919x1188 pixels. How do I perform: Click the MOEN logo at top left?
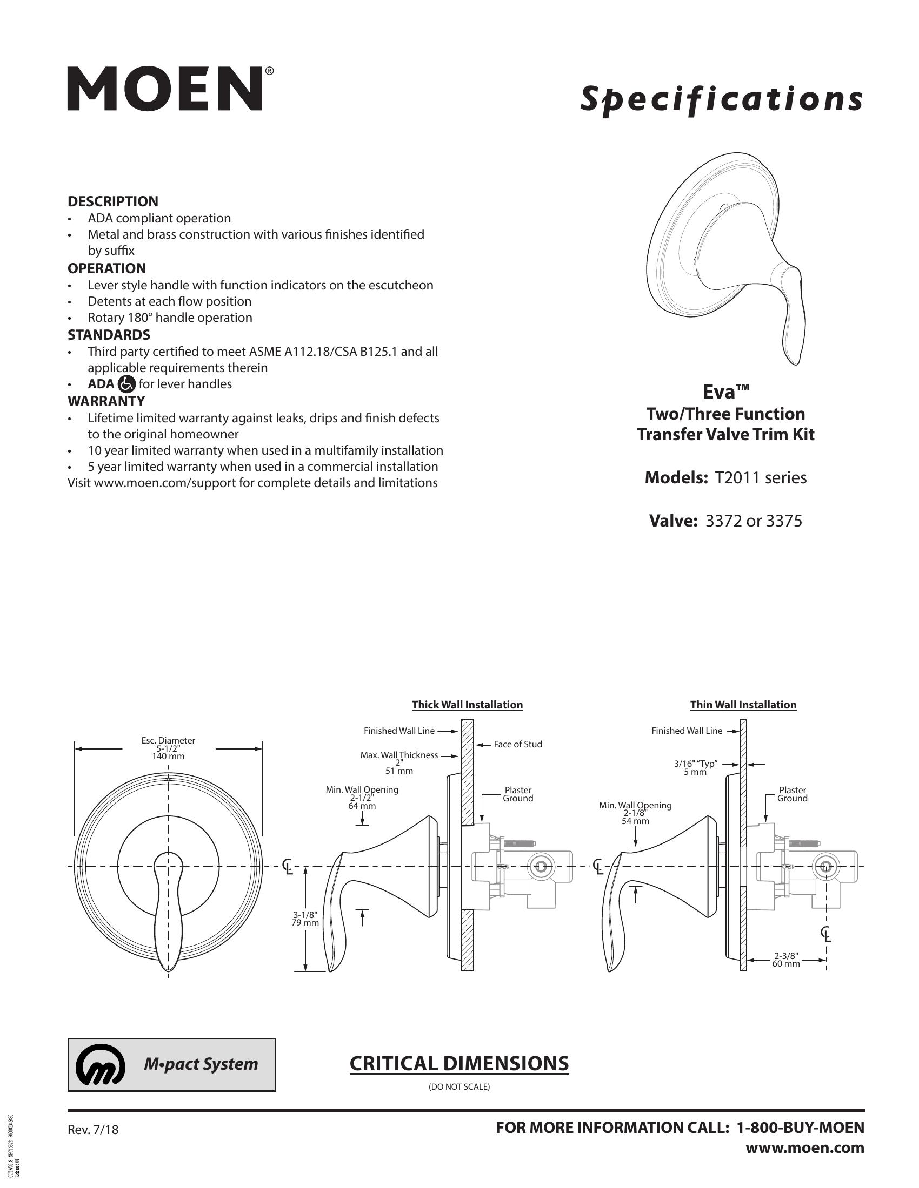165,89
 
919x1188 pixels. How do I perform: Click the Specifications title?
721,99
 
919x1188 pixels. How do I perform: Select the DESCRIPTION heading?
112,201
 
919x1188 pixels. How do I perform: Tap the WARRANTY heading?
106,401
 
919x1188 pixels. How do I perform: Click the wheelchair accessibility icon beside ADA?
126,384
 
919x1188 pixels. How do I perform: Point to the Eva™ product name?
725,391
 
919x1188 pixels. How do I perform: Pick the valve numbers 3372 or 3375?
754,521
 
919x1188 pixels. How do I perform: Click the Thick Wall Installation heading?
467,705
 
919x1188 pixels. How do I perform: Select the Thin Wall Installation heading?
743,705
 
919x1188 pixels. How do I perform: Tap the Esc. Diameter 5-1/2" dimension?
168,748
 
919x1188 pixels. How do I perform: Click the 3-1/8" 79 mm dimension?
304,919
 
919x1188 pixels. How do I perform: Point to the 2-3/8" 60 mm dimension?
785,960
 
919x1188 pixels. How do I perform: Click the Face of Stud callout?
518,744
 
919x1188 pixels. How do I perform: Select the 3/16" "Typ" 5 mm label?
695,767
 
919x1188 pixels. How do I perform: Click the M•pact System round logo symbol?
101,1064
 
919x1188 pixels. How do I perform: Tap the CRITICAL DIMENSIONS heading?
459,1063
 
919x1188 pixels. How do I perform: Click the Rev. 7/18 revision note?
93,1130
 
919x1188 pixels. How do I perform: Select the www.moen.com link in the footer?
805,1147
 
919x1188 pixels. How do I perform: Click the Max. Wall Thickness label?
399,755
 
